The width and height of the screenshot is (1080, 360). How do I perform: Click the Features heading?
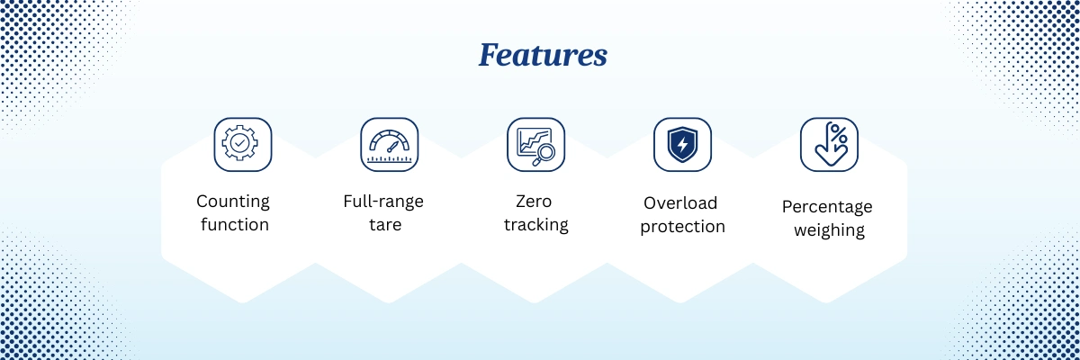(543, 55)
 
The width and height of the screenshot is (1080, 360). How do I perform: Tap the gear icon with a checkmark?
(239, 142)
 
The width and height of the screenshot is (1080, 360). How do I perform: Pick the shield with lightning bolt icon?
(682, 145)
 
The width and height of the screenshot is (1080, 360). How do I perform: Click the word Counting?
(233, 202)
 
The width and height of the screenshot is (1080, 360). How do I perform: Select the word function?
(235, 225)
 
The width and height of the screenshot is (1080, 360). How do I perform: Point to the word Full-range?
(383, 202)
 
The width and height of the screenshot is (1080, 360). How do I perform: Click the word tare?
(385, 225)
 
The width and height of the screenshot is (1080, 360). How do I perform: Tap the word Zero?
(534, 201)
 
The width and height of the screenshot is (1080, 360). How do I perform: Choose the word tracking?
(536, 225)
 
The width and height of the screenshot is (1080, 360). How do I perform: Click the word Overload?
(680, 202)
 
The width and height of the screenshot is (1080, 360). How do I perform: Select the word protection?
(683, 227)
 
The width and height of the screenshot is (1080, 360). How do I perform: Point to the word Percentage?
(827, 207)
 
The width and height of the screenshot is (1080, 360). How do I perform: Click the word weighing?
(829, 229)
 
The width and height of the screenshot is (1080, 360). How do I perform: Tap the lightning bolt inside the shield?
(682, 144)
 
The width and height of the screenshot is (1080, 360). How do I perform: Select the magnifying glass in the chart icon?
(544, 155)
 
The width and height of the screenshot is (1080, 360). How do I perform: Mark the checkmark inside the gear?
(239, 143)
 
